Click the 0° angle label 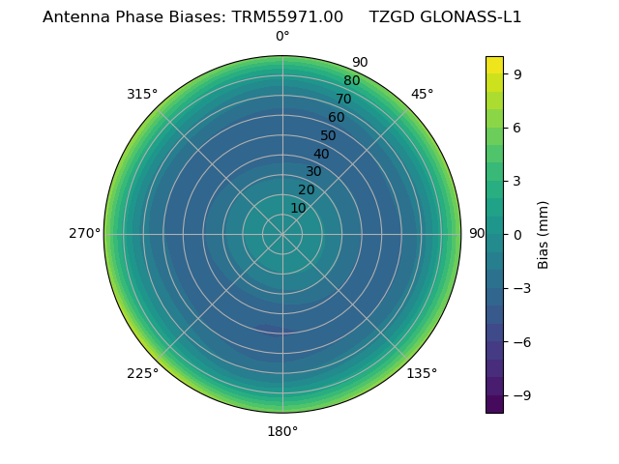pos(282,37)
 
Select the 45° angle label pos(422,94)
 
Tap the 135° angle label pos(422,373)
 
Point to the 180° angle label pos(282,431)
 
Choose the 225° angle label pos(142,373)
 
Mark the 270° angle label pos(84,234)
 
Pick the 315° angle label pos(142,94)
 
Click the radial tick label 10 pos(298,208)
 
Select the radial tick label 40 pos(321,154)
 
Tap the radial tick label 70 pos(343,99)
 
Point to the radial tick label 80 pos(351,80)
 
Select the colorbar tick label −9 pos(521,395)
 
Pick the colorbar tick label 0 pos(517,234)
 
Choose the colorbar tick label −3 pos(521,288)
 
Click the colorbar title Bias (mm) pos(544,234)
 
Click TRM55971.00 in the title pos(287,16)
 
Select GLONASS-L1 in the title pos(470,16)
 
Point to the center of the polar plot pos(282,234)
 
